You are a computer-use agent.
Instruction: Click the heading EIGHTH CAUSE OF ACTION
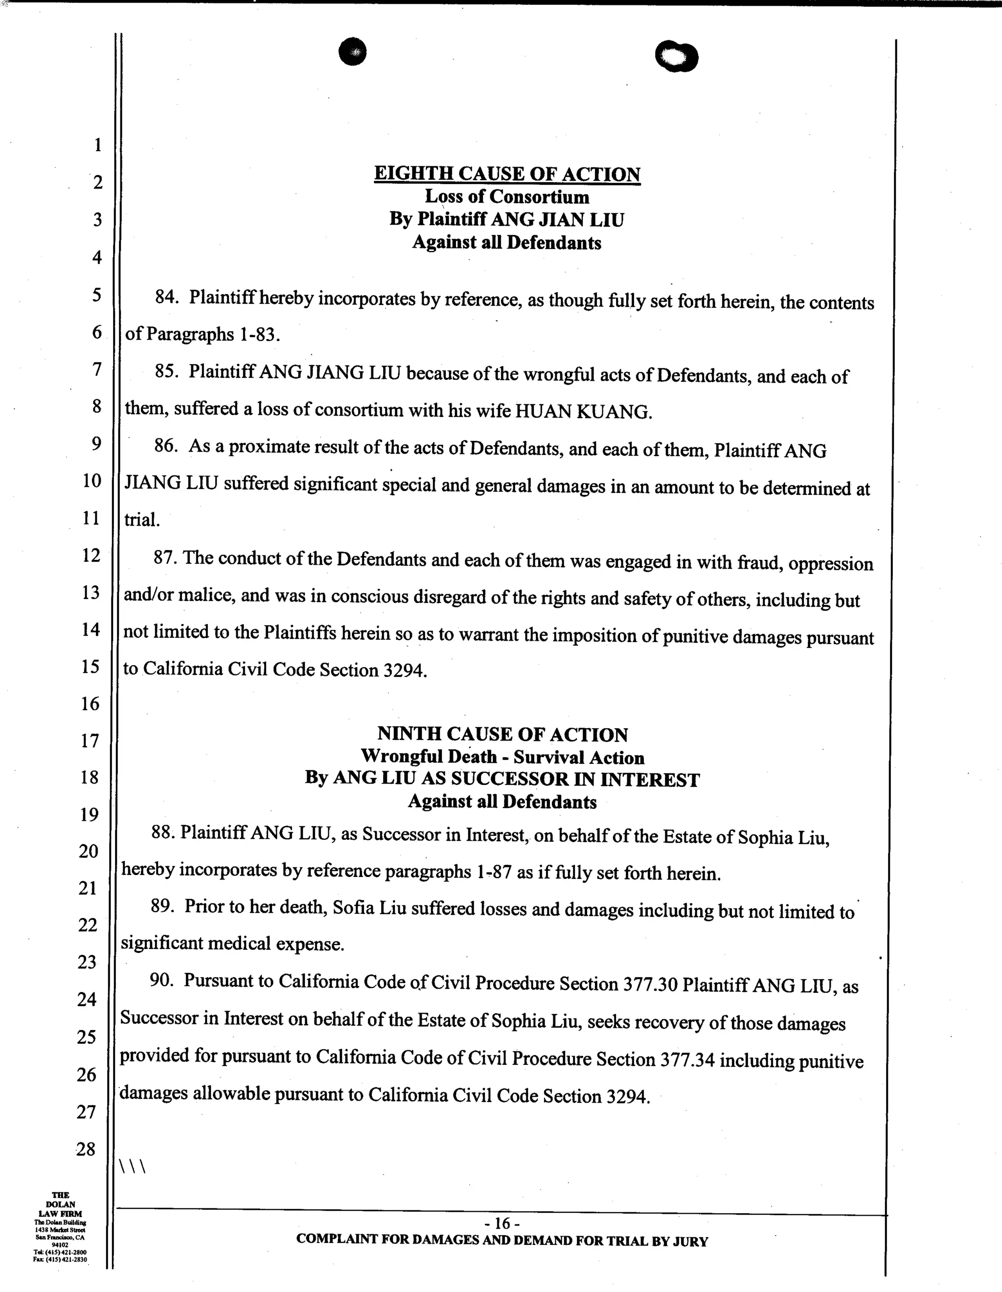click(507, 174)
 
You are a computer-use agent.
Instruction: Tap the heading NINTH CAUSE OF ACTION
click(502, 734)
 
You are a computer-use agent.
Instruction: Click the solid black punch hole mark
click(353, 52)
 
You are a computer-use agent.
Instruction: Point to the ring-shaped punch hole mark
click(677, 57)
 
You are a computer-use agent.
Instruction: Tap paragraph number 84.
click(166, 297)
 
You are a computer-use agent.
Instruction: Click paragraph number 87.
click(166, 558)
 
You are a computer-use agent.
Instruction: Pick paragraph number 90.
click(161, 980)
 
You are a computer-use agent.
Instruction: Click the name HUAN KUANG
click(583, 412)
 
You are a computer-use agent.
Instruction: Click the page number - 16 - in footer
click(501, 1223)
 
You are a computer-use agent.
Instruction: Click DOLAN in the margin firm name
click(60, 1204)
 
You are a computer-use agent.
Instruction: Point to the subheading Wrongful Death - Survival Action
click(502, 757)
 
